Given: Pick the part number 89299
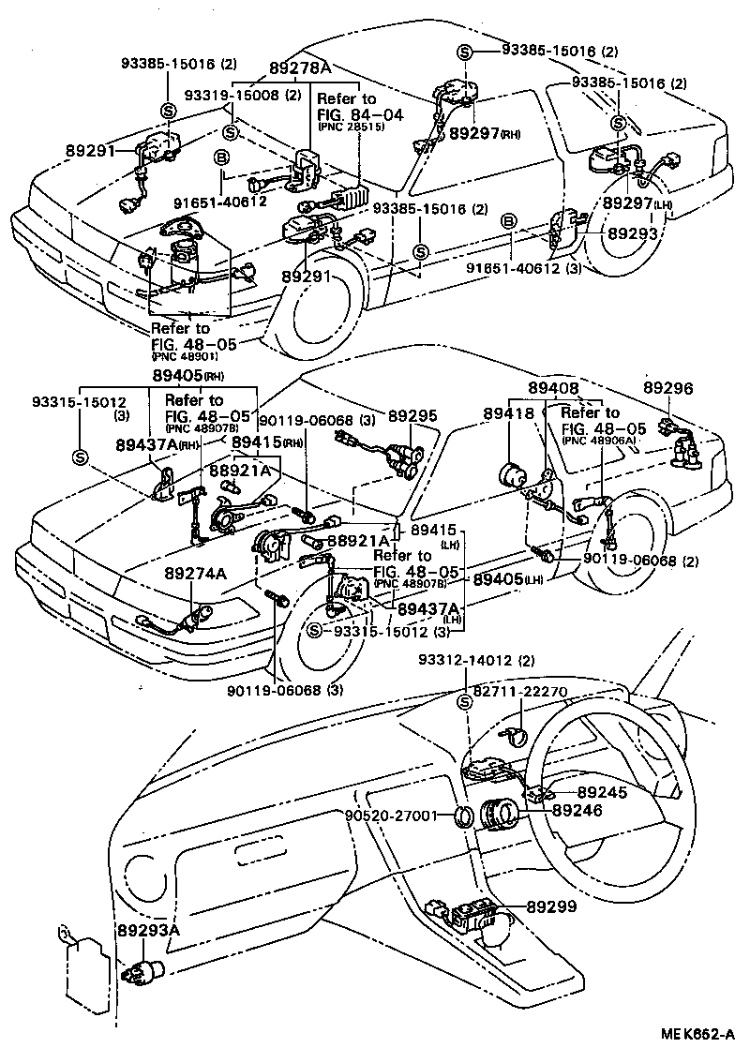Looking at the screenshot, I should [552, 907].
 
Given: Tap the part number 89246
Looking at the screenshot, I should [577, 810].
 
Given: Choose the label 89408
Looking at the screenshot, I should [553, 386].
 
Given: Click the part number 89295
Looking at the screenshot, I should [413, 413].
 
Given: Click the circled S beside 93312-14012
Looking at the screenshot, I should [463, 703].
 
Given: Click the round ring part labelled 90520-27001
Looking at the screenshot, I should [461, 816].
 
